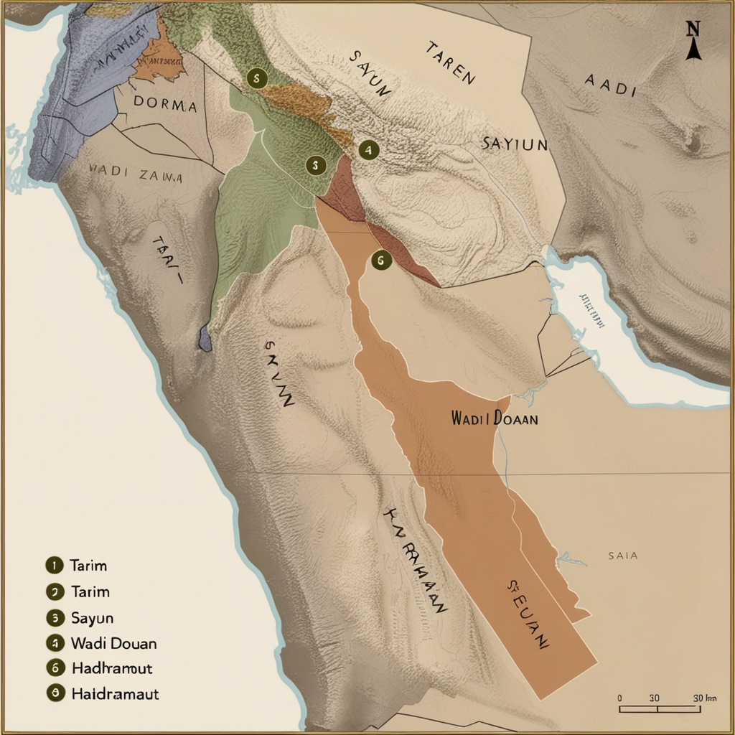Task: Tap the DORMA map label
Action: click(x=166, y=106)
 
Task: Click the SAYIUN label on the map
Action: click(x=514, y=144)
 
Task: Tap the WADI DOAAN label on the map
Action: click(x=495, y=419)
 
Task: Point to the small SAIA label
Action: click(x=622, y=556)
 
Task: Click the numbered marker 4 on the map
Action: click(x=368, y=150)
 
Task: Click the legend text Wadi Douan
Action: click(x=113, y=642)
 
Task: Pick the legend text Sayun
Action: click(x=93, y=617)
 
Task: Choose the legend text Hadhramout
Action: click(x=112, y=668)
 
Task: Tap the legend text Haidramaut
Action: click(x=115, y=694)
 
